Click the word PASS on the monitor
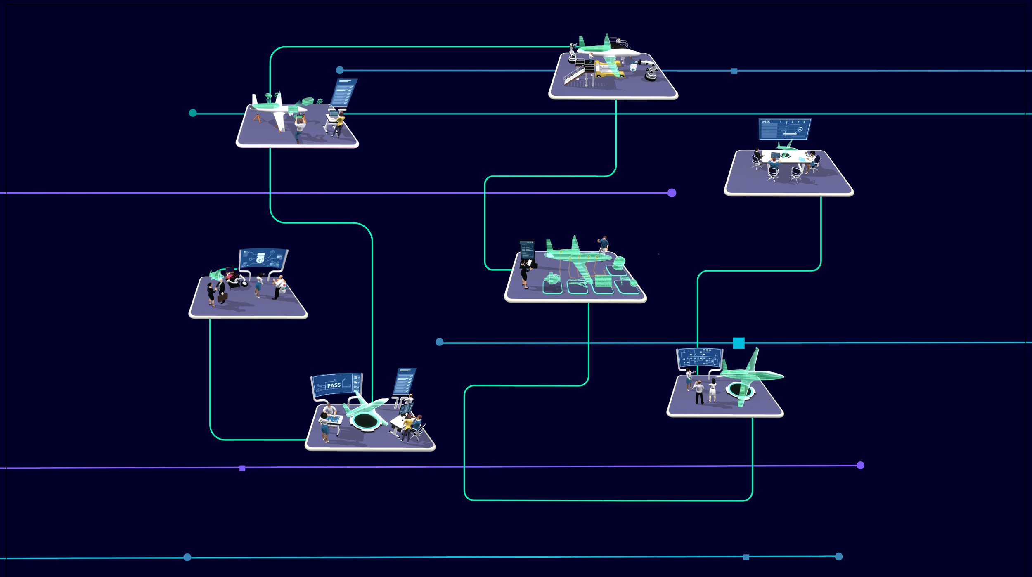[x=334, y=385]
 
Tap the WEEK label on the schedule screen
[x=766, y=122]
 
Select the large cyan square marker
[x=738, y=343]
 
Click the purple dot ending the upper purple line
[x=672, y=193]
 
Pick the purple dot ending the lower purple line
[x=860, y=465]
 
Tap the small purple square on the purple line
[x=242, y=468]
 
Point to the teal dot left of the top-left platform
[x=193, y=113]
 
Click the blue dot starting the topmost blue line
[x=340, y=70]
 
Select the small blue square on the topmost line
[x=734, y=71]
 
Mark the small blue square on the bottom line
[x=746, y=557]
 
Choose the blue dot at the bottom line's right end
[x=838, y=556]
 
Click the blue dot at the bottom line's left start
[x=187, y=557]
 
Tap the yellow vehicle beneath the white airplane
[x=609, y=73]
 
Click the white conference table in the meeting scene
[x=784, y=158]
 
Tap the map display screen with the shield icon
[x=263, y=258]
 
